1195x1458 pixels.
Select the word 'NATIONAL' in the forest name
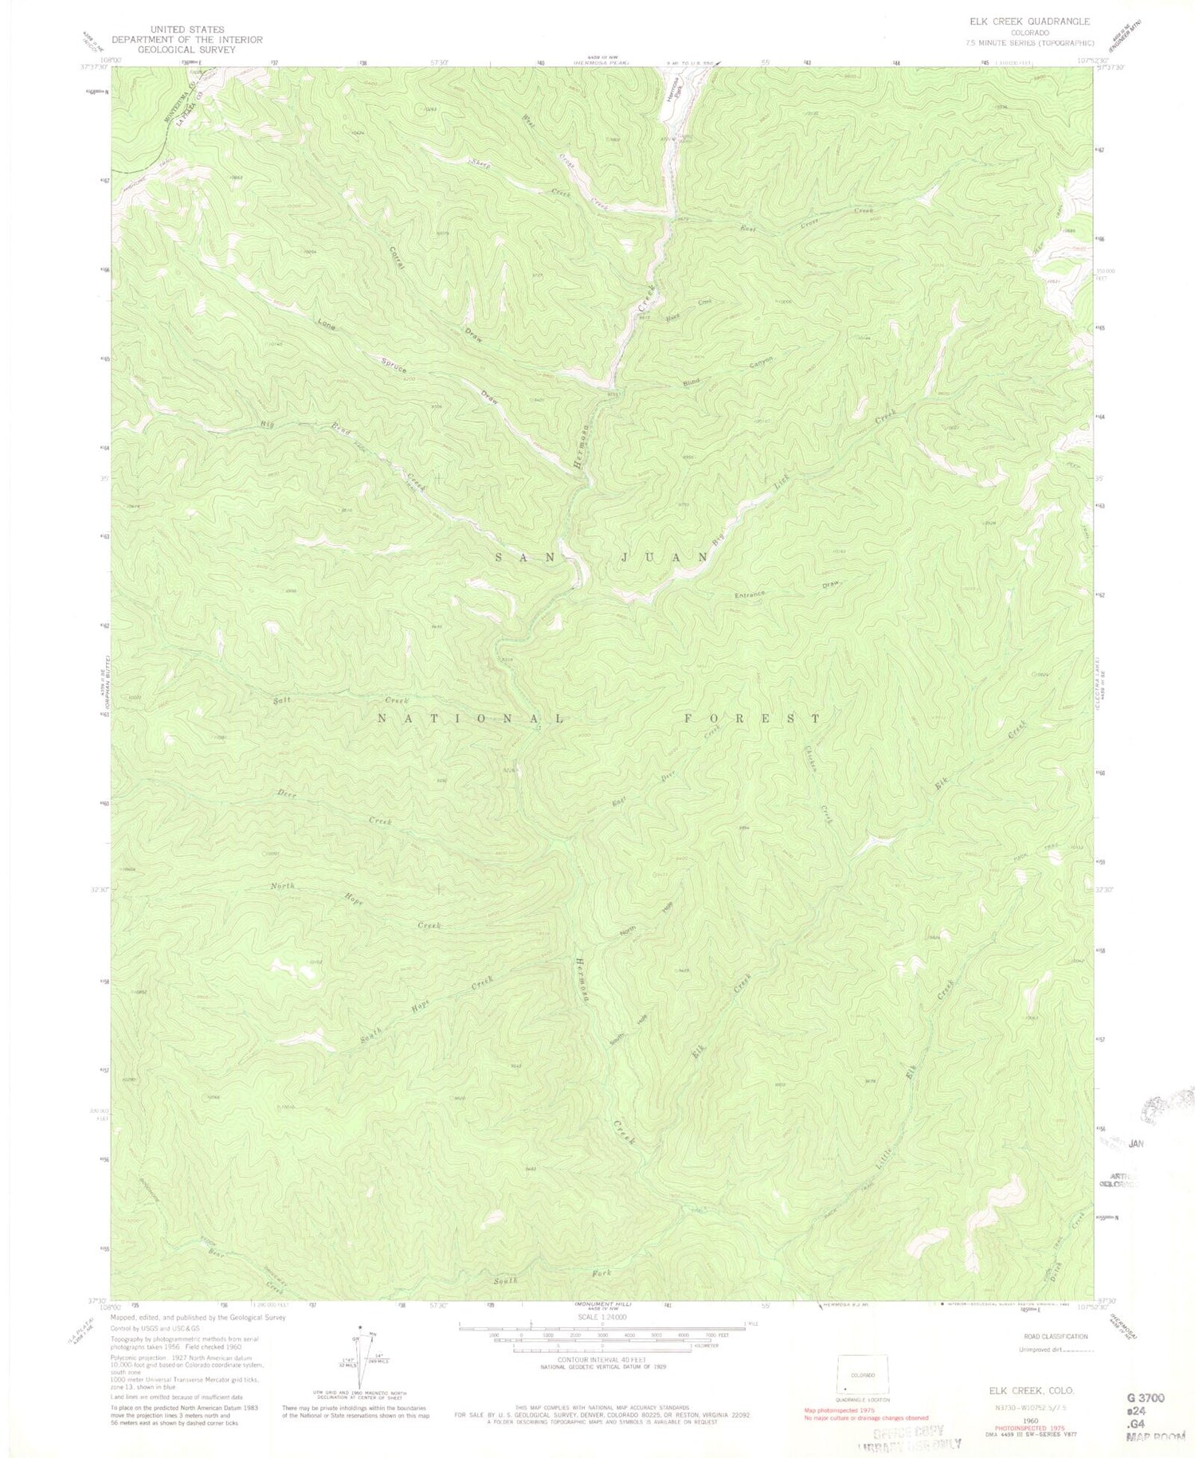click(470, 718)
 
